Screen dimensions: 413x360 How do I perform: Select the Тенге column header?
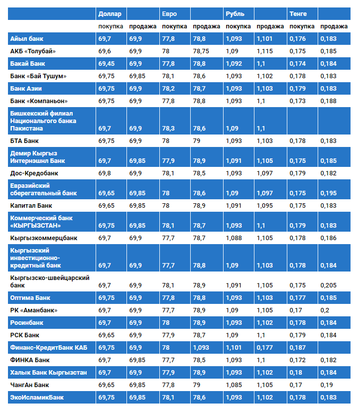pos(298,14)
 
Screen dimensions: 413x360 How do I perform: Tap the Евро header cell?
pos(169,14)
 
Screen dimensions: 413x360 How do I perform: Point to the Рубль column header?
pos(235,14)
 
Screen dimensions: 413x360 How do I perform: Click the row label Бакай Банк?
pos(28,64)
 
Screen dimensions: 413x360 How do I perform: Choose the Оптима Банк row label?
pos(30,298)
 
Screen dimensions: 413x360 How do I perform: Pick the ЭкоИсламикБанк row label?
pos(37,398)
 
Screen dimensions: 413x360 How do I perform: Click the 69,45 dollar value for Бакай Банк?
pos(107,64)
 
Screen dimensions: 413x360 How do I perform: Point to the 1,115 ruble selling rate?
pos(265,51)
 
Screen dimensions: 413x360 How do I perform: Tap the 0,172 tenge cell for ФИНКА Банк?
pos(297,360)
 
